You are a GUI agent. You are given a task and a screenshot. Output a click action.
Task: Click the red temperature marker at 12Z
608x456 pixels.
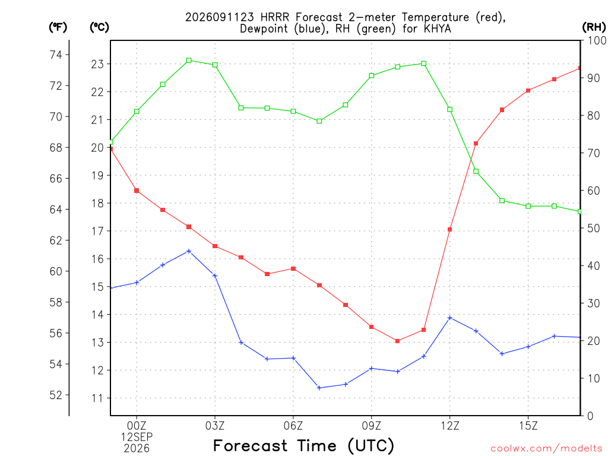point(450,230)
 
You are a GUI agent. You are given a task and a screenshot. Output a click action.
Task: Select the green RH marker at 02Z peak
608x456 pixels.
point(189,60)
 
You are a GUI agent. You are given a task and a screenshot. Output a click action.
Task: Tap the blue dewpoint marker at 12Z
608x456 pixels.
point(450,318)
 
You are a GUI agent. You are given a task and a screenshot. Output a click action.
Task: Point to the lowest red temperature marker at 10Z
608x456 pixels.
point(397,341)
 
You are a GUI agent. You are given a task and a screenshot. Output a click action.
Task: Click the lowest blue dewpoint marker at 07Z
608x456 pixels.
point(319,388)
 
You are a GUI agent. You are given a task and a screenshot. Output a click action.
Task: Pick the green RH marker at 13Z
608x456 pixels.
point(476,172)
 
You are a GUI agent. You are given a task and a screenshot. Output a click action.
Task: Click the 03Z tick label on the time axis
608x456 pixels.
point(215,426)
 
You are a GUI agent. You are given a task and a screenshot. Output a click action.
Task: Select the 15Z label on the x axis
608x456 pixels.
point(528,426)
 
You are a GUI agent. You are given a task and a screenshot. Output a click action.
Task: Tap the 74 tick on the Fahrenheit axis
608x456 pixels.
point(56,55)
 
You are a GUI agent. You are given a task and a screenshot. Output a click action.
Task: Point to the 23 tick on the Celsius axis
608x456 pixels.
point(97,64)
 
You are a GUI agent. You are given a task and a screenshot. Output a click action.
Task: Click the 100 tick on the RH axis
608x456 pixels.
point(597,40)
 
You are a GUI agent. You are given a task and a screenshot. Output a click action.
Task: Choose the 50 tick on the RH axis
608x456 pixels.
point(593,229)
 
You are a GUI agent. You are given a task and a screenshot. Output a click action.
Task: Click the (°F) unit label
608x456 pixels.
point(58,27)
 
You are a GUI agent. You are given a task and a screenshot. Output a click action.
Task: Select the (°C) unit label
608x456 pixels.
point(99,27)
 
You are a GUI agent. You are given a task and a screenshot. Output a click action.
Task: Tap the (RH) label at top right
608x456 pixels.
point(594,27)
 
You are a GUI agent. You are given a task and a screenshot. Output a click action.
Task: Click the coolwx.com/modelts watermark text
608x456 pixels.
point(546,448)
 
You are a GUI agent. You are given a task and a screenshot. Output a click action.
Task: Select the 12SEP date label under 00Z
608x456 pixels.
point(137,437)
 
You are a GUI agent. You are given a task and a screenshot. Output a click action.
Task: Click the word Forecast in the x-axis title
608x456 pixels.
point(251,445)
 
